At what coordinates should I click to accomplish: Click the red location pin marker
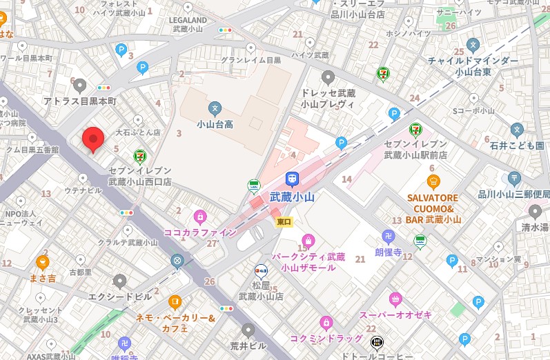(93, 139)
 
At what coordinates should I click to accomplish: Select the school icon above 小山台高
(215, 108)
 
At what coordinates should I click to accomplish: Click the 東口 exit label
(284, 221)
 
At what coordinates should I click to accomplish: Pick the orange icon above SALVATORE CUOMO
(433, 181)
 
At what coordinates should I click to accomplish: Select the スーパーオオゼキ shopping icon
(395, 299)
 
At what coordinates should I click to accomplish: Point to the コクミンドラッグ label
(326, 338)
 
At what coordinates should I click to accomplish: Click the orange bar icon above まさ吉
(42, 262)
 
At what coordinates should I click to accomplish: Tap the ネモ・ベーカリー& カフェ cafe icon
(175, 301)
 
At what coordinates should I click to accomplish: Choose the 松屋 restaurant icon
(261, 270)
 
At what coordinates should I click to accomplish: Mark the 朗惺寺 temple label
(388, 252)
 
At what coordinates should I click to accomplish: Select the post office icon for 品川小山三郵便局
(513, 178)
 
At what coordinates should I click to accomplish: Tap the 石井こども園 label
(518, 146)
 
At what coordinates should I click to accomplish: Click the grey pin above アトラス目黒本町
(80, 85)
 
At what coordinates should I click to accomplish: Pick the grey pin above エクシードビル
(120, 281)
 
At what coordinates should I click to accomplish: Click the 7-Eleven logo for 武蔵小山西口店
(140, 156)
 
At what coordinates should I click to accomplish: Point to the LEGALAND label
(188, 20)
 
